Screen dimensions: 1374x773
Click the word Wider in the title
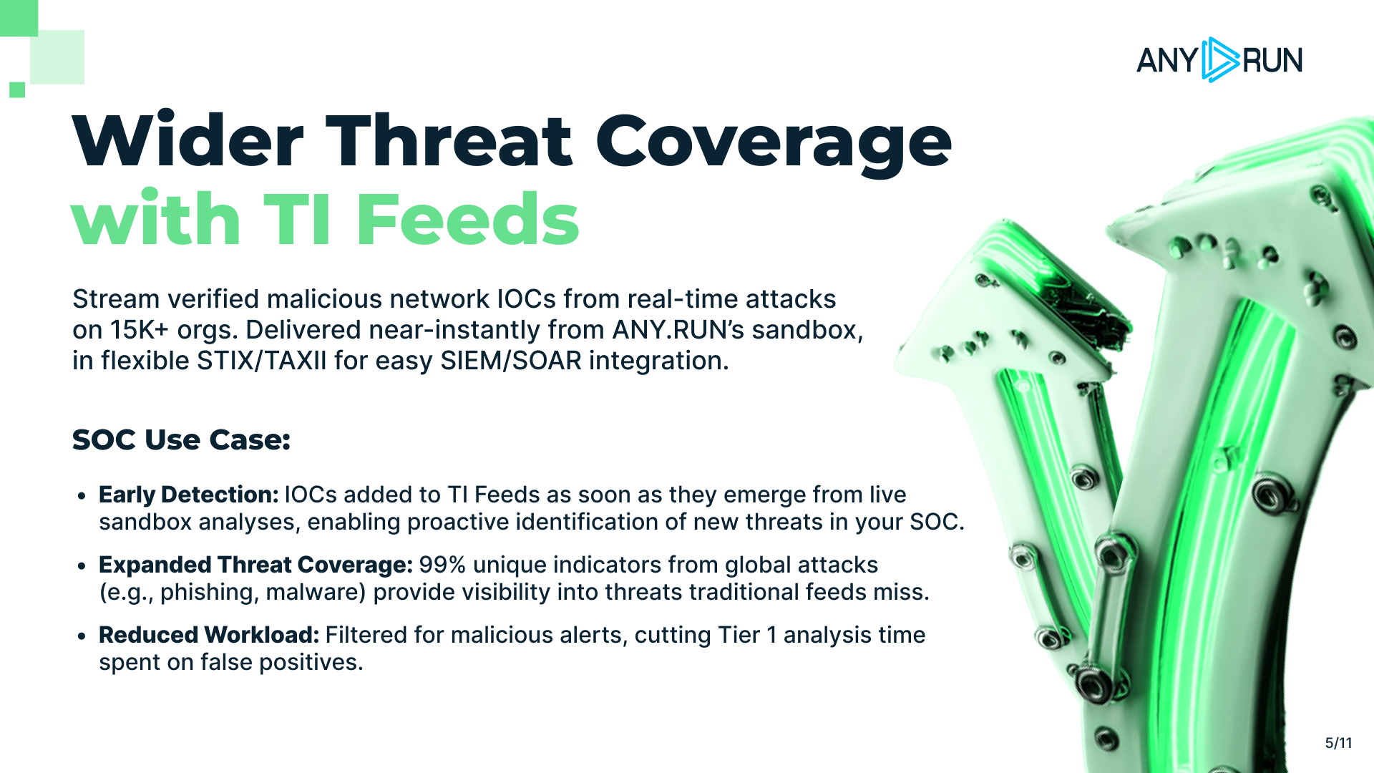pyautogui.click(x=188, y=141)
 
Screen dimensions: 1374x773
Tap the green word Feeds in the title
pyautogui.click(x=467, y=219)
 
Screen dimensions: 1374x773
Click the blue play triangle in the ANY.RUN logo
pyautogui.click(x=1219, y=59)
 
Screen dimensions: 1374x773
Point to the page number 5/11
pyautogui.click(x=1338, y=743)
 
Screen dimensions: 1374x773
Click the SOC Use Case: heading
pyautogui.click(x=181, y=439)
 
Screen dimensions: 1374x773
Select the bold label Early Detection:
pyautogui.click(x=188, y=495)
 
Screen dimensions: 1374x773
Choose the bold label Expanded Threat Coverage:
pyautogui.click(x=255, y=565)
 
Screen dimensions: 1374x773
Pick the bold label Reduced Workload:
pyautogui.click(x=209, y=635)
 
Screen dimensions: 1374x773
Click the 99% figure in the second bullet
pyautogui.click(x=442, y=565)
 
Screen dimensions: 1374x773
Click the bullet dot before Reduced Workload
pyautogui.click(x=82, y=636)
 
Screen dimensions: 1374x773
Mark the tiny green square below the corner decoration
pyautogui.click(x=17, y=89)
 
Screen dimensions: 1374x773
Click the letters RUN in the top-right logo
pyautogui.click(x=1272, y=60)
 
